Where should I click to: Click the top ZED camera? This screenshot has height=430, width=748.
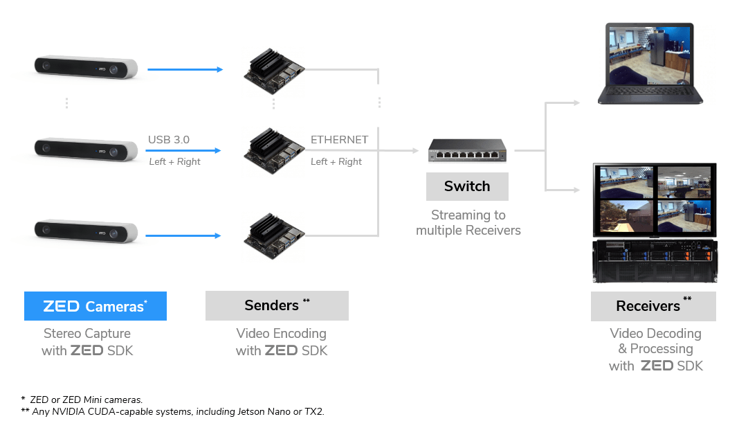(86, 67)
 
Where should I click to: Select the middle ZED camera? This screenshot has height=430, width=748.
(86, 148)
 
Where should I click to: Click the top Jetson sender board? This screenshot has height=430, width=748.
(274, 71)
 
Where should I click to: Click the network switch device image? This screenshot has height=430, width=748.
(467, 150)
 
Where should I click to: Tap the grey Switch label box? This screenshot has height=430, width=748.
(467, 186)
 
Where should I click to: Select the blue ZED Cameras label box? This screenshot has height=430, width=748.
(95, 305)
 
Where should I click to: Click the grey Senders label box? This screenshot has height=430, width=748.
(277, 305)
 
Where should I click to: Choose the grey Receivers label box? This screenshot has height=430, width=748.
(653, 306)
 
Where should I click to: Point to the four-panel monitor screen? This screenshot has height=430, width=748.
(655, 199)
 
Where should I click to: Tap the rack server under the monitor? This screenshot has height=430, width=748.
(655, 261)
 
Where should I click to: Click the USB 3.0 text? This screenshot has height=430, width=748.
(169, 140)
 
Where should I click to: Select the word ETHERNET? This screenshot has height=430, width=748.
(339, 140)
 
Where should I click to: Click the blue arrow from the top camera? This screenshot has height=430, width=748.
(185, 69)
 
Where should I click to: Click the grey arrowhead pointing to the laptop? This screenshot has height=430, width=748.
(576, 103)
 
